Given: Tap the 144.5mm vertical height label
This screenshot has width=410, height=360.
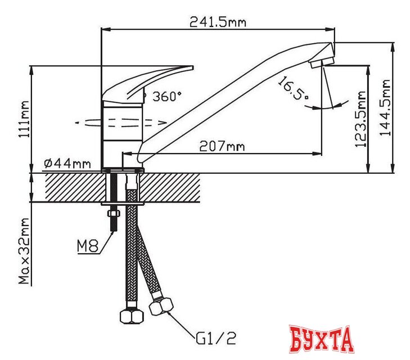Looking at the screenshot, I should (x=385, y=107).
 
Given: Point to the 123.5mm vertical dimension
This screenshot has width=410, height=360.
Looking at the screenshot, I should (x=360, y=119).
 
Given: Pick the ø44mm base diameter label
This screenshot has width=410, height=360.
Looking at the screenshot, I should (x=67, y=163).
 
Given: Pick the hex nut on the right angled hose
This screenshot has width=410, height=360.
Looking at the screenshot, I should (x=161, y=306).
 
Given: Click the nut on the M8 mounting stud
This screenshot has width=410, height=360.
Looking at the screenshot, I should (x=112, y=214).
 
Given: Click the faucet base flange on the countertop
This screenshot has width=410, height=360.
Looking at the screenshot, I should (x=123, y=168).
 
